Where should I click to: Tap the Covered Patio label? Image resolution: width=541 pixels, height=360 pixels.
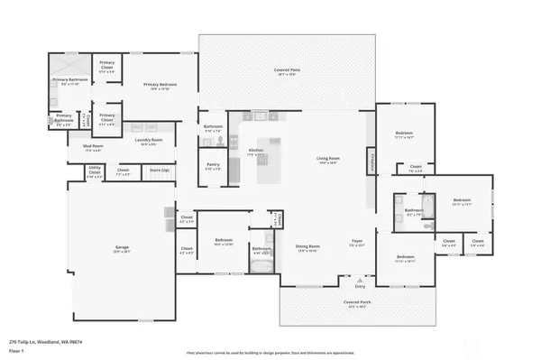(287, 71)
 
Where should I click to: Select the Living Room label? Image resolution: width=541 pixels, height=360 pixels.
(328, 161)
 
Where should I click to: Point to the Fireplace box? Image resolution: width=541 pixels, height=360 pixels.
(371, 162)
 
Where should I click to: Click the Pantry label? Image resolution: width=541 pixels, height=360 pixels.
(213, 167)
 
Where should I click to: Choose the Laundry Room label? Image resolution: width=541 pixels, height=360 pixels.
(150, 142)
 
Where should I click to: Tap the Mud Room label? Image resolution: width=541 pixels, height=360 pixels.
(92, 147)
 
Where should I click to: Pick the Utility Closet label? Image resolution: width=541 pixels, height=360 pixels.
(95, 171)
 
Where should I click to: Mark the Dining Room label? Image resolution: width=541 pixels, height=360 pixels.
(308, 247)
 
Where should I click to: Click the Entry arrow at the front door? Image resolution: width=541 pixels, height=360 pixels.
(361, 285)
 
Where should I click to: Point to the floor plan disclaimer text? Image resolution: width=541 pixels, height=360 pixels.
(270, 352)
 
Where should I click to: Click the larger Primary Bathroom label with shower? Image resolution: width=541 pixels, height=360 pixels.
(69, 81)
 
